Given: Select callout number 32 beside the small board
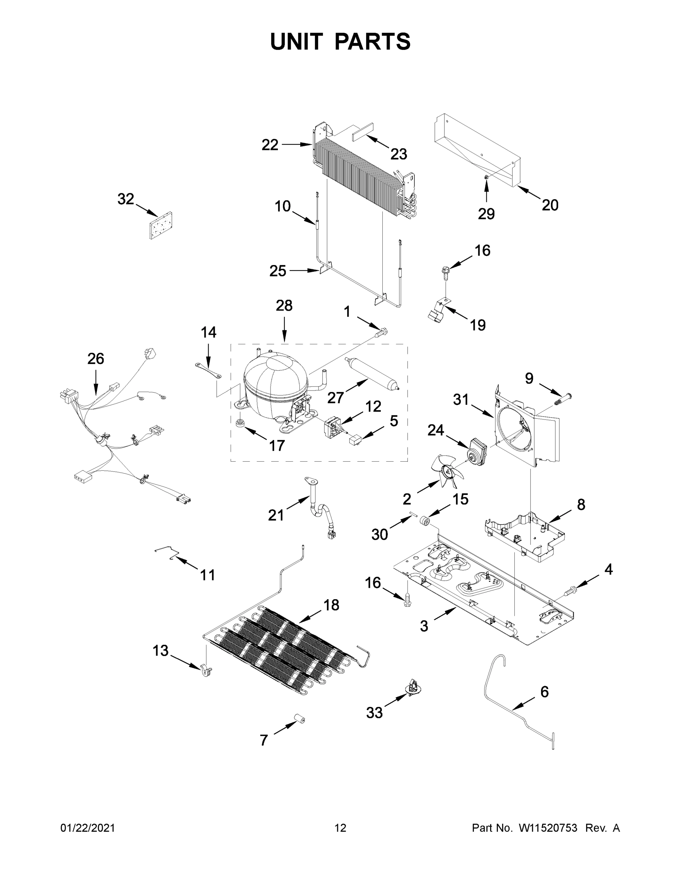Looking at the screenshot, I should point(125,199).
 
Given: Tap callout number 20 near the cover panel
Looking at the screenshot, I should point(550,205).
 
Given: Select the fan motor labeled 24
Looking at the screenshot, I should point(477,448).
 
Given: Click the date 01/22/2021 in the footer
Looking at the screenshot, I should point(87,828).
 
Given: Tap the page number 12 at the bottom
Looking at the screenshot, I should point(341,828).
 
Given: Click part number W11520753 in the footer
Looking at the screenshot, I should point(548,828).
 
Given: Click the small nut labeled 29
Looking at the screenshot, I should point(486,178).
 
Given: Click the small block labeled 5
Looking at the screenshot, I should point(354,439).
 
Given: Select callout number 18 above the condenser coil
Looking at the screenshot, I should point(331,604).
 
